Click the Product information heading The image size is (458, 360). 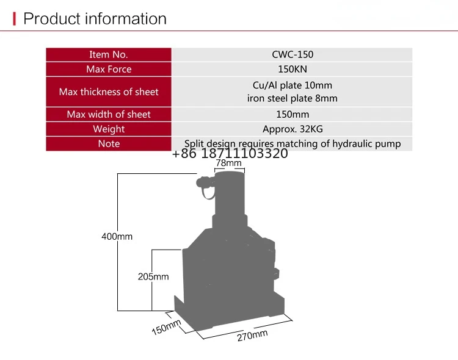(x=95, y=18)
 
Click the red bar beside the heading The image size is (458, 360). (x=15, y=19)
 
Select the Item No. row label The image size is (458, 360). (x=109, y=54)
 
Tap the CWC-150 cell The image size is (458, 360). (x=292, y=54)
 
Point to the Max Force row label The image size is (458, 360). (x=109, y=69)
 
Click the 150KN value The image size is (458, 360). (x=292, y=69)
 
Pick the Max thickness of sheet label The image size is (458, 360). (x=109, y=92)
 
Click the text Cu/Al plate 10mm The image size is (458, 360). (x=292, y=85)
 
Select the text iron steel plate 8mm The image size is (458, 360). (x=292, y=98)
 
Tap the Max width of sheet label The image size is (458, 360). (x=109, y=114)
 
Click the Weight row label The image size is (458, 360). (x=109, y=129)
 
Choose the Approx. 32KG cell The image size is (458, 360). (x=292, y=129)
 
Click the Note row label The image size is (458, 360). (x=109, y=143)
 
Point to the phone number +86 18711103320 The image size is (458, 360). (x=230, y=154)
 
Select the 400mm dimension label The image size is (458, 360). (x=117, y=236)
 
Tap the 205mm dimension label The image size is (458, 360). (x=153, y=276)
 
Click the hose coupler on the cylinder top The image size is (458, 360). (x=204, y=181)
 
